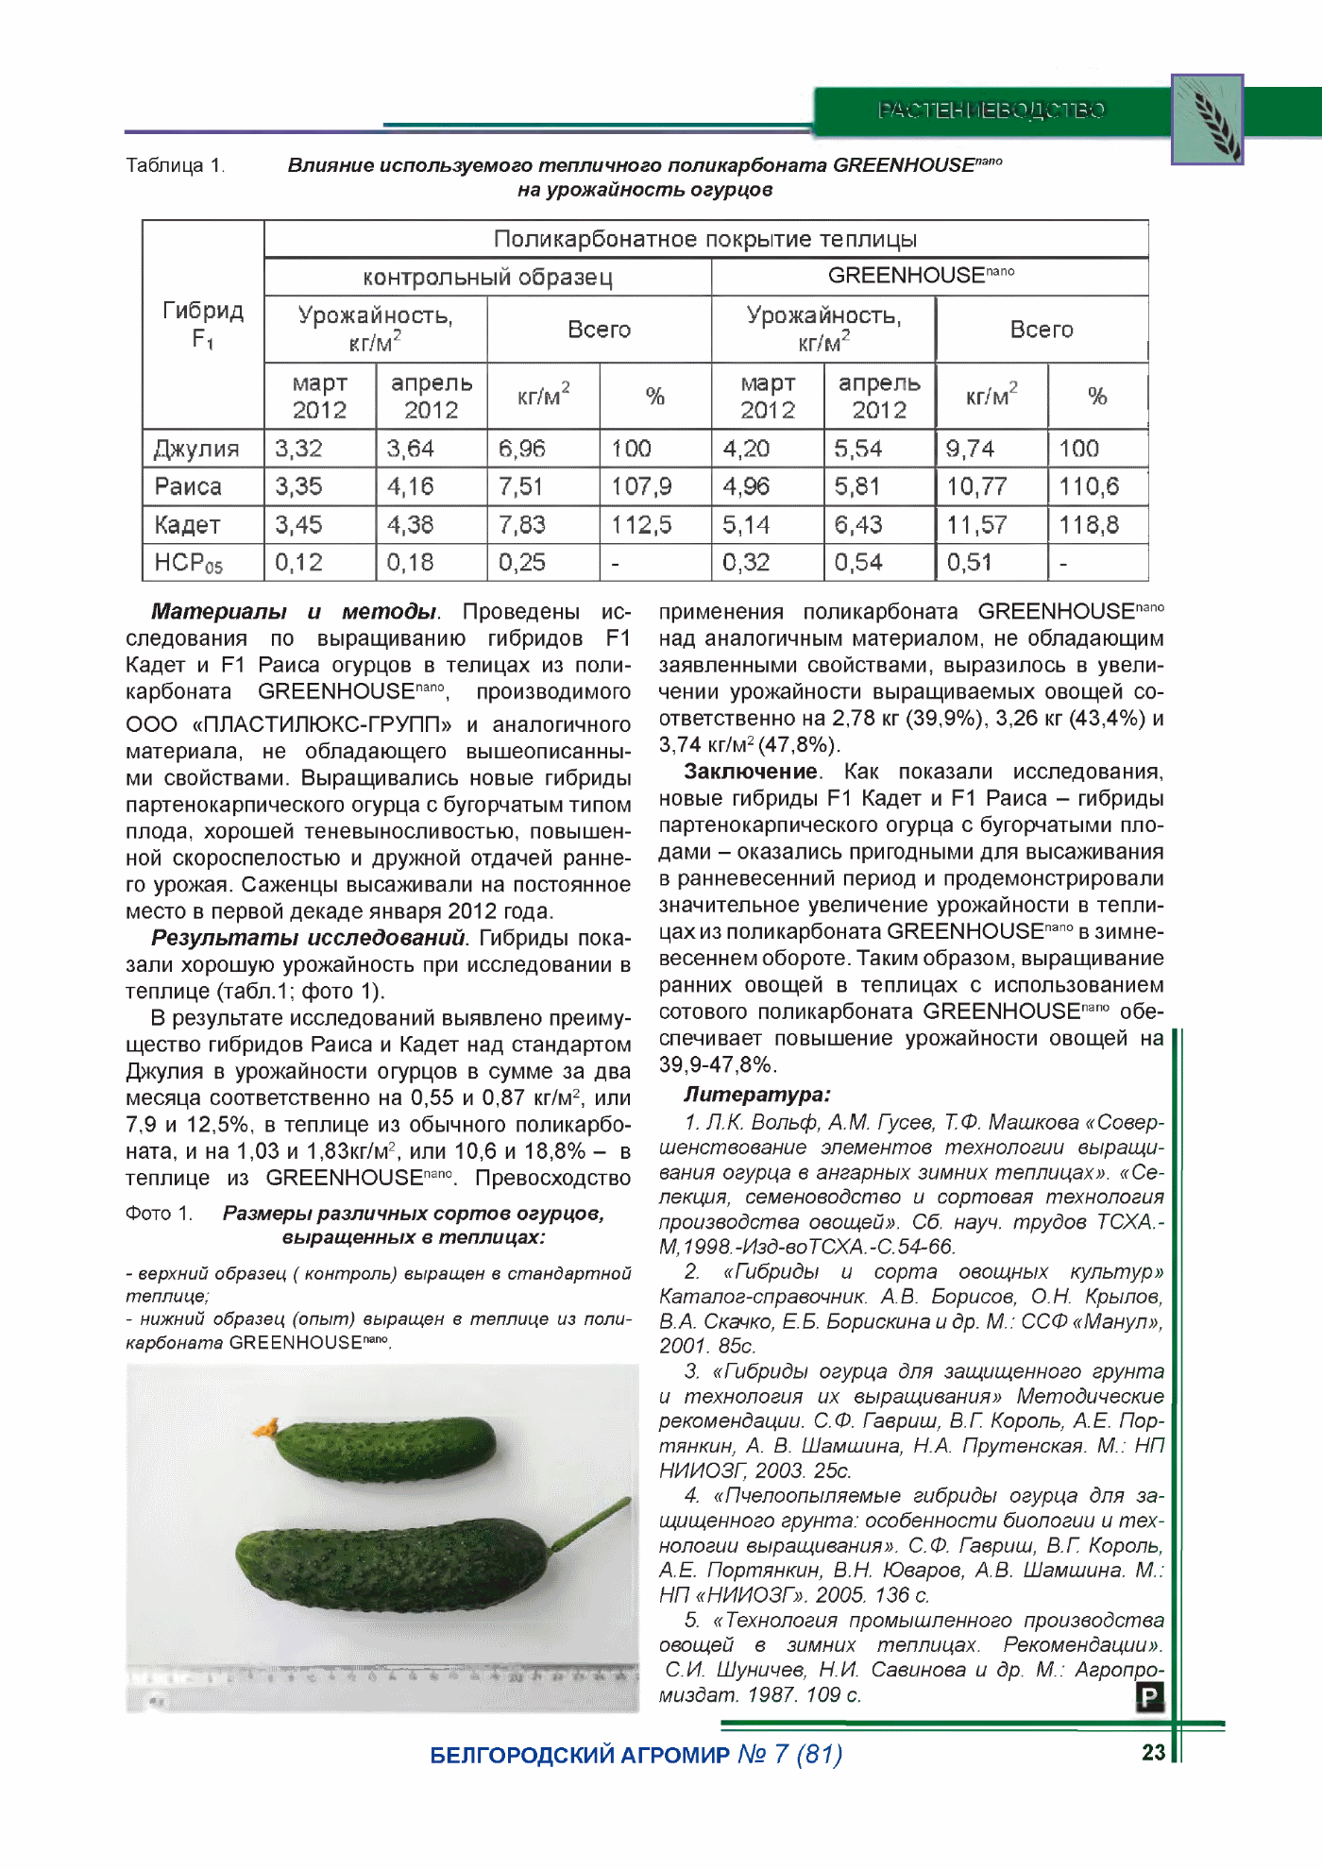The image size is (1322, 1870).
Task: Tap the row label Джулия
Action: point(196,449)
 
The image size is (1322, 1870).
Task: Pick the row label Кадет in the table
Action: point(188,524)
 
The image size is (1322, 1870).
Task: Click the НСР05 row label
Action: point(189,563)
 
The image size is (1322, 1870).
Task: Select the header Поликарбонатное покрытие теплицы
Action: point(705,239)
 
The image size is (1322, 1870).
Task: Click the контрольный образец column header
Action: point(487,277)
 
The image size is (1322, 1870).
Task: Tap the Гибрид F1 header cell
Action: point(203,324)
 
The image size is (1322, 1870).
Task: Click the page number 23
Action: point(1153,1752)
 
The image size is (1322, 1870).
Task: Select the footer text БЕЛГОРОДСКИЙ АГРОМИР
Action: point(580,1755)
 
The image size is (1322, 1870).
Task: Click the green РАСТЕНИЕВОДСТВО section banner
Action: point(991,110)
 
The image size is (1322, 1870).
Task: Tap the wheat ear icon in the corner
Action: point(1208,119)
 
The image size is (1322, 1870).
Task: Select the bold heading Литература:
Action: point(756,1095)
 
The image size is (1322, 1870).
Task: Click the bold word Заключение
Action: point(751,772)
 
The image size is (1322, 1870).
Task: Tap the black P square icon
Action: point(1149,1697)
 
